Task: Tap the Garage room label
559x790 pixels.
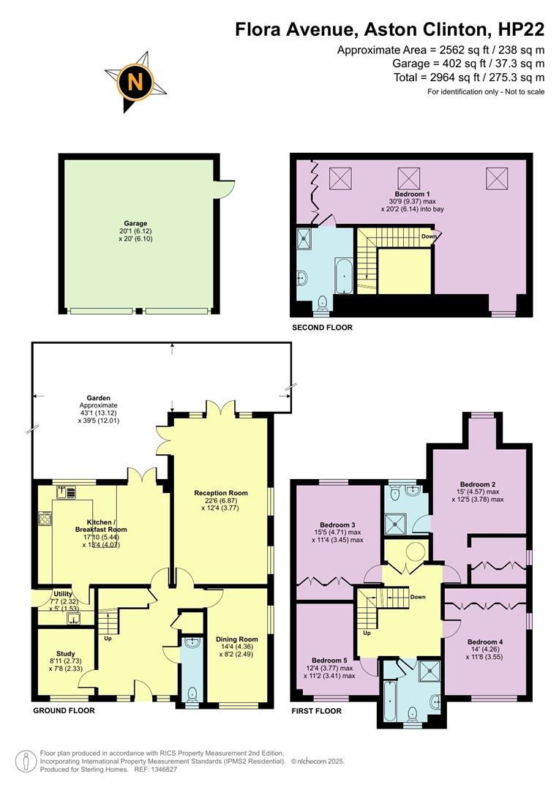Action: (135, 224)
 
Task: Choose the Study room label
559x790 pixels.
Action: (67, 654)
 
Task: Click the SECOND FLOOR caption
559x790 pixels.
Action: (322, 328)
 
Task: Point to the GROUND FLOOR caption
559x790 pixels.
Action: (64, 710)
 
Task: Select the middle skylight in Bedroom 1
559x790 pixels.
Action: (408, 177)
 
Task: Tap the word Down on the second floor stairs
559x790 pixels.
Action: (429, 236)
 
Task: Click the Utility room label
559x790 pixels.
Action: (63, 593)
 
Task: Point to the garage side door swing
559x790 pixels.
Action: (228, 187)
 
